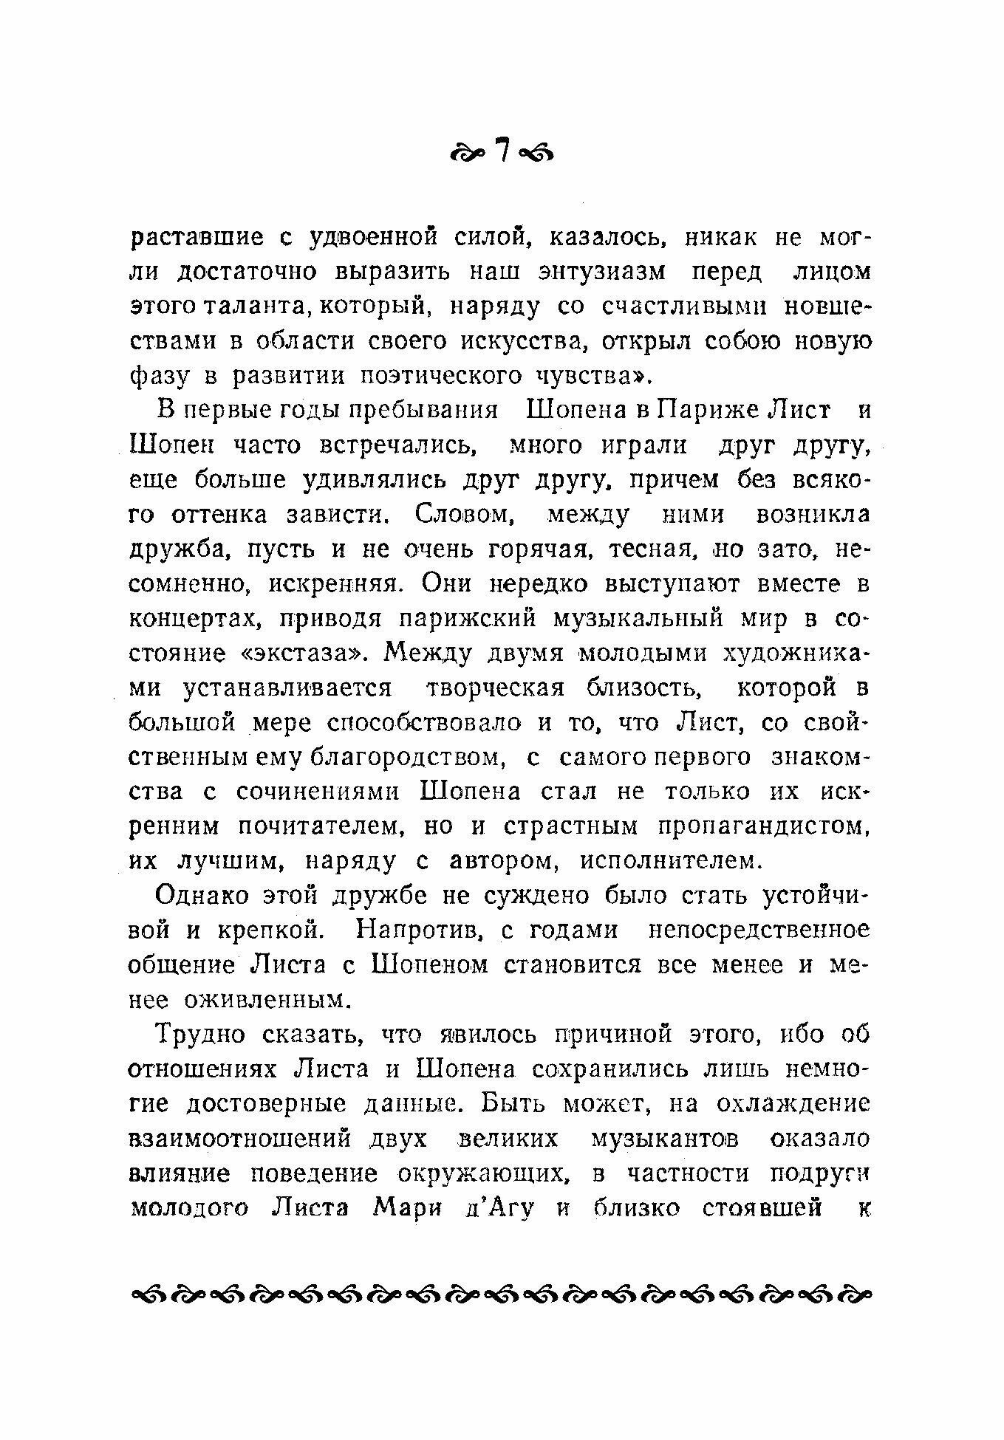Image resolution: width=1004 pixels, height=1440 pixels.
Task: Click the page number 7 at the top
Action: (503, 151)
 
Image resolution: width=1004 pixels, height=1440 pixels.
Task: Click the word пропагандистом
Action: (763, 826)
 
